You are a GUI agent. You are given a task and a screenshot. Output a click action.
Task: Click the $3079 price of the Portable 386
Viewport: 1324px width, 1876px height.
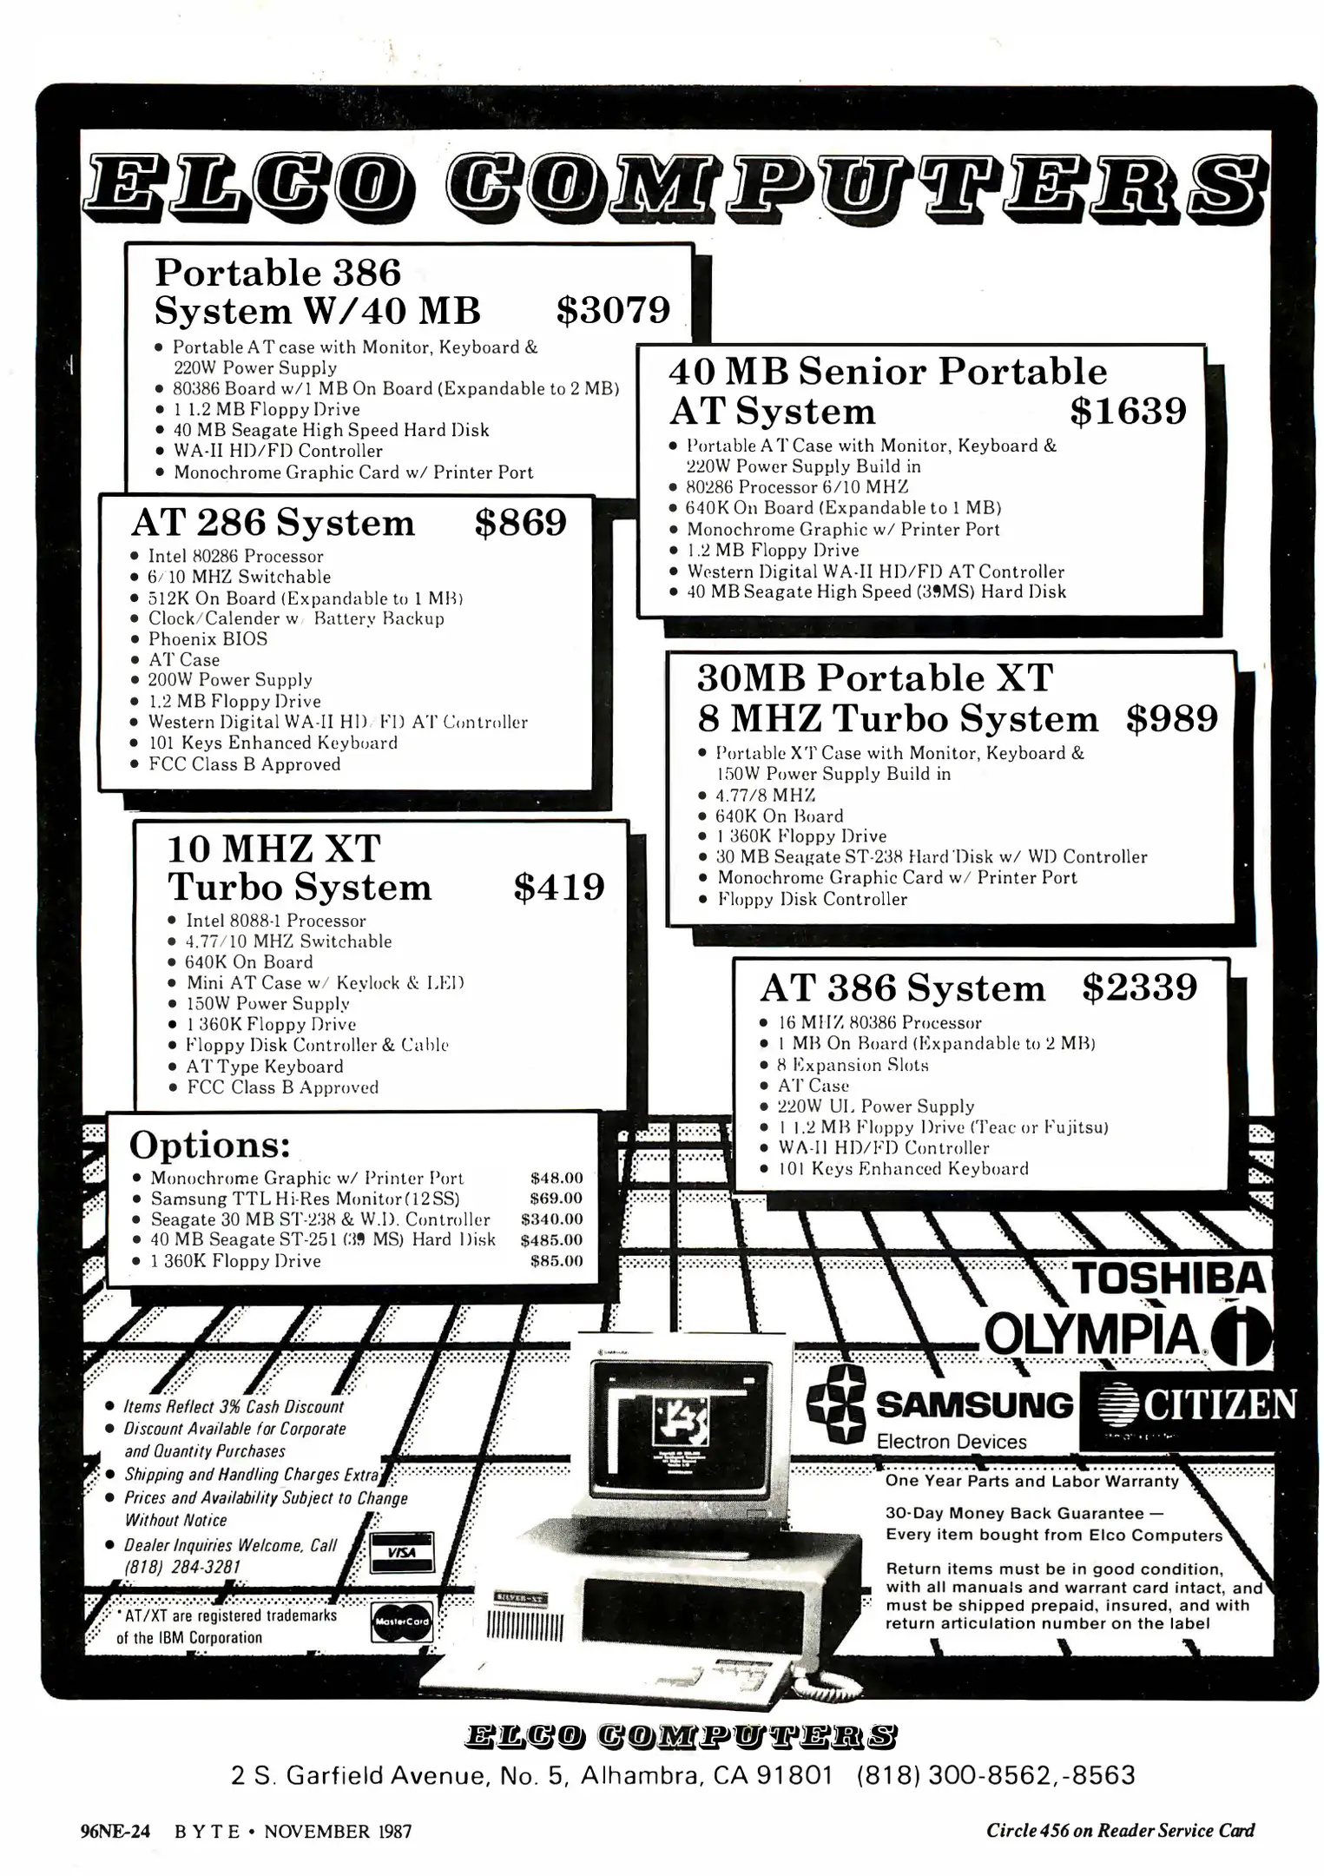(613, 310)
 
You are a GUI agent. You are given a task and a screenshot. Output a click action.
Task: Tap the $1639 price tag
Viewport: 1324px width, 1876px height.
(1127, 411)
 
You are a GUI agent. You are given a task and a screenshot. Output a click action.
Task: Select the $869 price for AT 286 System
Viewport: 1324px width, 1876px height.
(520, 523)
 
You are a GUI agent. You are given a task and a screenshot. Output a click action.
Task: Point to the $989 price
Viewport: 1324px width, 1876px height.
(1171, 718)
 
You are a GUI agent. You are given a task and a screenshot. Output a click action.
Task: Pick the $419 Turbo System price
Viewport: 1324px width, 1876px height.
(558, 887)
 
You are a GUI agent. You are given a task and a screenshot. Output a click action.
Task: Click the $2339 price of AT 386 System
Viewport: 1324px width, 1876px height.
(1139, 988)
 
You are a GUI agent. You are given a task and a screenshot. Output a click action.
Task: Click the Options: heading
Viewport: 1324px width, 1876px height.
(209, 1146)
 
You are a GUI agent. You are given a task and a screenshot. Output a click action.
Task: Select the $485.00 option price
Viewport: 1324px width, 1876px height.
(551, 1240)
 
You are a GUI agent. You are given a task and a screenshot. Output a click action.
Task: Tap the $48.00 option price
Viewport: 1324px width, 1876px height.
(557, 1178)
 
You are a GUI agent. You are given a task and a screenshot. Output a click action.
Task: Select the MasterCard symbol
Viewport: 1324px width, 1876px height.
(400, 1622)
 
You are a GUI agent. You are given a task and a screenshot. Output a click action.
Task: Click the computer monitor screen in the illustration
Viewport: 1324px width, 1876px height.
(681, 1418)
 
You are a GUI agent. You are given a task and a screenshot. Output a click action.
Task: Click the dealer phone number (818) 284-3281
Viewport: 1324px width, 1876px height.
(181, 1567)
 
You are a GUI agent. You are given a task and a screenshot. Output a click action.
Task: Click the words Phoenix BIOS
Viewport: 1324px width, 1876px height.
(207, 639)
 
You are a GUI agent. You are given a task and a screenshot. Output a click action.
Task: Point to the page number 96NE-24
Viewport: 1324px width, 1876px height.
(115, 1832)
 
